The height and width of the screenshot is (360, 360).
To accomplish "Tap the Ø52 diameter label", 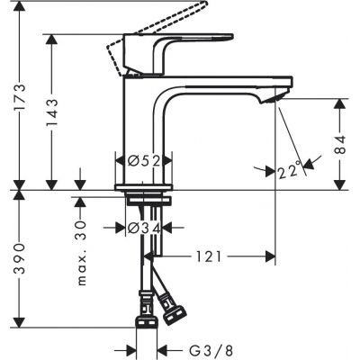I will pos(143,160).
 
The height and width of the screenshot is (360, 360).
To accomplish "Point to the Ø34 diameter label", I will pos(143,229).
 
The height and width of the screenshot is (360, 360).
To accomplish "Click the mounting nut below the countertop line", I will pos(143,200).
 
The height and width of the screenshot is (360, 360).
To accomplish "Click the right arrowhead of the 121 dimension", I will pos(269,257).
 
